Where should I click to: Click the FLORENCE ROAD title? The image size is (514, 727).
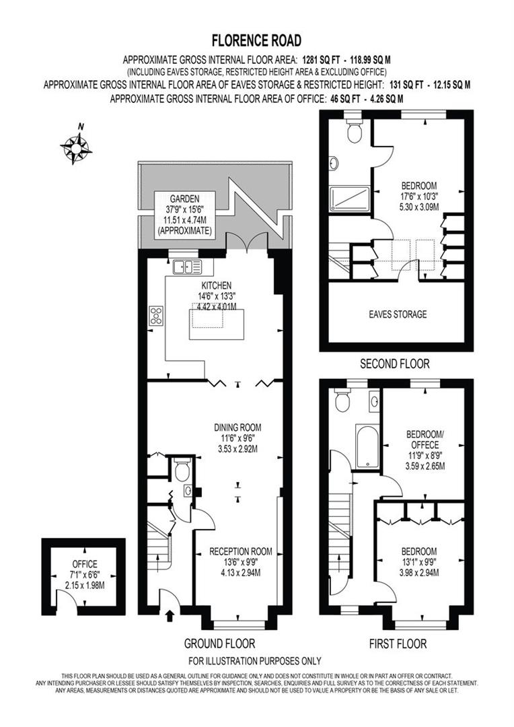pyautogui.click(x=256, y=41)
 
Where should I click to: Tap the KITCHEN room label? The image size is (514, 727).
pyautogui.click(x=215, y=285)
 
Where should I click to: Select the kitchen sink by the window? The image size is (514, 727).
pyautogui.click(x=187, y=267)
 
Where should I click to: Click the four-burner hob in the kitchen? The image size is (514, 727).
pyautogui.click(x=156, y=315)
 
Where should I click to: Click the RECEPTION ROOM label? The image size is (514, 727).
pyautogui.click(x=240, y=551)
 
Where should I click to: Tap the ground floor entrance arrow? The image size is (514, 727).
pyautogui.click(x=169, y=614)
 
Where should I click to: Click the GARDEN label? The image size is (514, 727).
pyautogui.click(x=183, y=199)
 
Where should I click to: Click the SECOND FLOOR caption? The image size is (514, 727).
pyautogui.click(x=395, y=364)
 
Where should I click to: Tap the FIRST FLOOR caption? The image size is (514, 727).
pyautogui.click(x=398, y=644)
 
